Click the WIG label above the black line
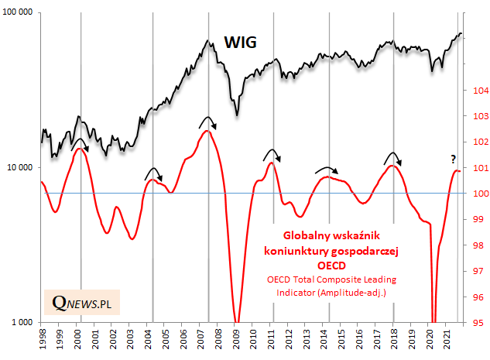point(241,41)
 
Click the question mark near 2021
point(454,159)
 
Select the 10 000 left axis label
point(22,168)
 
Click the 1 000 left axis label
point(25,322)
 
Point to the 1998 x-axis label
point(42,340)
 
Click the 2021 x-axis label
point(448,340)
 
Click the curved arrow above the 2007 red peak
point(207,121)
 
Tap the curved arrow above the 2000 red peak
point(80,143)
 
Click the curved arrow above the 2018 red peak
point(393,157)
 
